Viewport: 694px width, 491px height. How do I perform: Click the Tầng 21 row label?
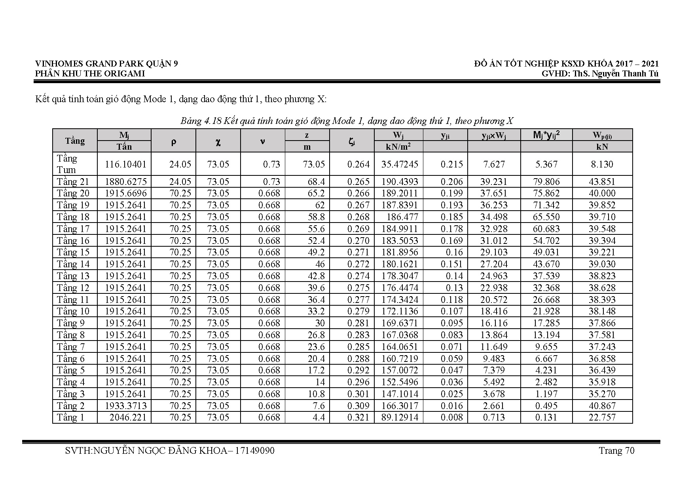[73, 182]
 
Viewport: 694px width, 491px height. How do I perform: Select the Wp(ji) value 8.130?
[602, 164]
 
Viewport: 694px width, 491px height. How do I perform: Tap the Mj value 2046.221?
[127, 417]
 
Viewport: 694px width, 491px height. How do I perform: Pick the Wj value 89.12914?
[400, 417]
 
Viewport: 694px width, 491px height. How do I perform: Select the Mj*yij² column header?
[546, 135]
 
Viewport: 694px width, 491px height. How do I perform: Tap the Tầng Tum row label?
[67, 164]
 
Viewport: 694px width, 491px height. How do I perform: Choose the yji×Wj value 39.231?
[494, 182]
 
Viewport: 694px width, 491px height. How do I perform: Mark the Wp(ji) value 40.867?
[602, 406]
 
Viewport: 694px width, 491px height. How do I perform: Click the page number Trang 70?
[616, 451]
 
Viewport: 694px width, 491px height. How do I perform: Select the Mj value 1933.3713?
[126, 406]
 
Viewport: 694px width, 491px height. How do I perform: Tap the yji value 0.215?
[451, 164]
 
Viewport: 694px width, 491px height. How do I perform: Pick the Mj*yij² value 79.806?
[546, 182]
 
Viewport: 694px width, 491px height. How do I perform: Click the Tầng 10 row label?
[73, 311]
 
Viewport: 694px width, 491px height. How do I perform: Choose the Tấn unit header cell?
[124, 147]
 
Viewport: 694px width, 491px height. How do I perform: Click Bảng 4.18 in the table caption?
[201, 121]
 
